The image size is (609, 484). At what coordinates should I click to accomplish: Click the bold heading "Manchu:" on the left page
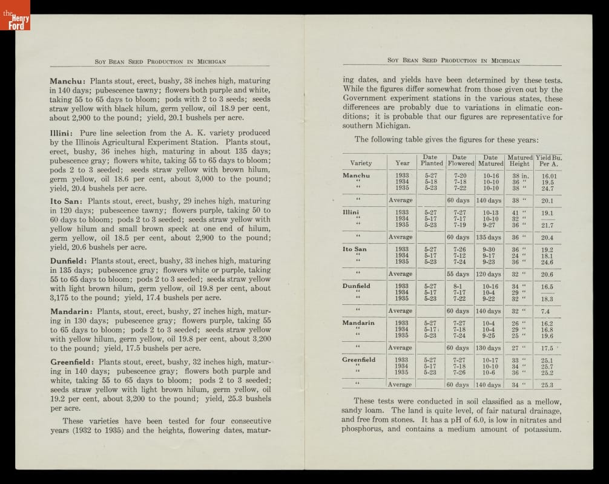[68, 80]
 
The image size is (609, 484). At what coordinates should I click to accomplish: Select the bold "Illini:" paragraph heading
[63, 133]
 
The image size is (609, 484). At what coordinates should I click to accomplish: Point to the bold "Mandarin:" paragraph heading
[71, 311]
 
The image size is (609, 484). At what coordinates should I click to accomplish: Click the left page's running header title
[160, 61]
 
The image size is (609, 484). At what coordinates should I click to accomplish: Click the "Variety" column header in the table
[361, 163]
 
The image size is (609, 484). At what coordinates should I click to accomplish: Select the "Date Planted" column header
[432, 160]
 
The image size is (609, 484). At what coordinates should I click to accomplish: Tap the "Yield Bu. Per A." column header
[548, 160]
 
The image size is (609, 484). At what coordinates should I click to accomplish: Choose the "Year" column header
[402, 163]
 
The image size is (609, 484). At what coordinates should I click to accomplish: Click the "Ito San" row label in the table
[355, 249]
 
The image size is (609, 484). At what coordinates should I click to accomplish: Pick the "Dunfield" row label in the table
[357, 286]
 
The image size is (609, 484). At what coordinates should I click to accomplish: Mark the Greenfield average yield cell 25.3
[547, 385]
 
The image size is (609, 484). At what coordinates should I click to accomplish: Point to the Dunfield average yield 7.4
[545, 311]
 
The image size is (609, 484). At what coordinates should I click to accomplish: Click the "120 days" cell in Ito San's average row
[489, 274]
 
